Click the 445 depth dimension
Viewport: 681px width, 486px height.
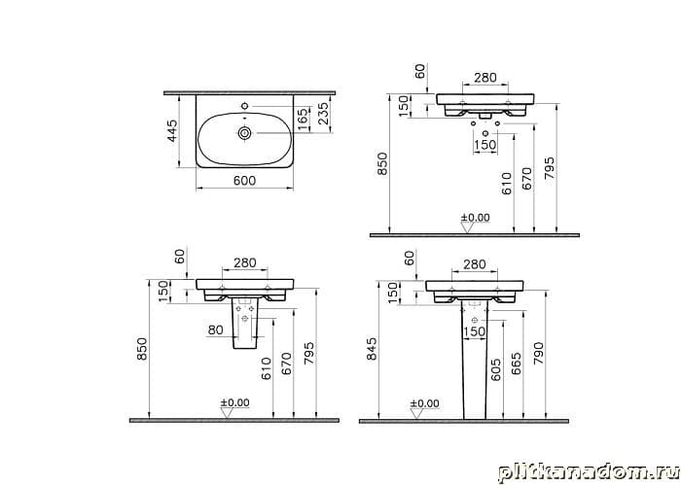172,130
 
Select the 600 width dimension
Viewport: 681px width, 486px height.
244,180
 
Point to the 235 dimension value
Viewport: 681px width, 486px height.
324,114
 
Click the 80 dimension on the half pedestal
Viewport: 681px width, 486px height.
216,330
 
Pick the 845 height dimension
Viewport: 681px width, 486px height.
372,349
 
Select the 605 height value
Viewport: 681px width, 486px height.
496,369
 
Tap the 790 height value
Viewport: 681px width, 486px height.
539,353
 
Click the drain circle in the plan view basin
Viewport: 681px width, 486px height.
244,133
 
